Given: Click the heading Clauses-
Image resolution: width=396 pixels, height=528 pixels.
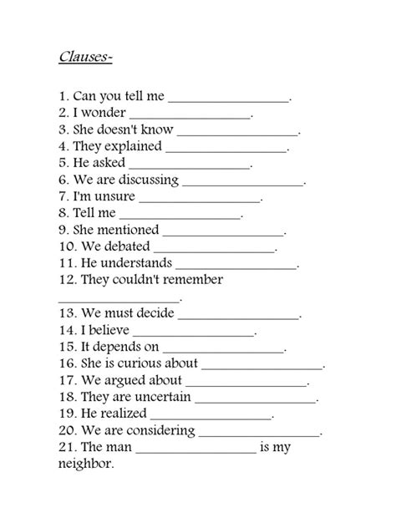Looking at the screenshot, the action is pos(86,58).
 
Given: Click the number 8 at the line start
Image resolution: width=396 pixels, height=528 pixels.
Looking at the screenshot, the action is pos(63,213).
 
